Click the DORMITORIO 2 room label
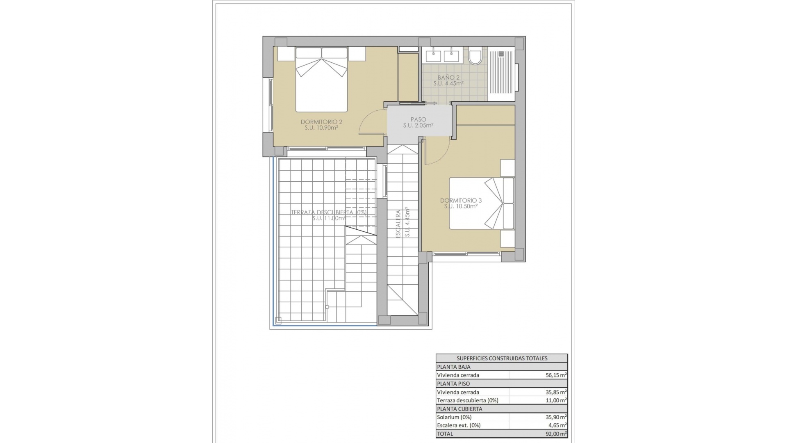pyautogui.click(x=321, y=122)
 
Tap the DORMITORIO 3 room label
pyautogui.click(x=461, y=201)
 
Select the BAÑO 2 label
pyautogui.click(x=448, y=78)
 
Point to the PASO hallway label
pyautogui.click(x=418, y=119)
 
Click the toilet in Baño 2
pyautogui.click(x=475, y=57)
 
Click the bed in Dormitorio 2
pyautogui.click(x=321, y=80)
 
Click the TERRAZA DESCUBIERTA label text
pyautogui.click(x=328, y=212)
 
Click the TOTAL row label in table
pyautogui.click(x=445, y=434)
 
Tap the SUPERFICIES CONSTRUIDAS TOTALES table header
pyautogui.click(x=502, y=358)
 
